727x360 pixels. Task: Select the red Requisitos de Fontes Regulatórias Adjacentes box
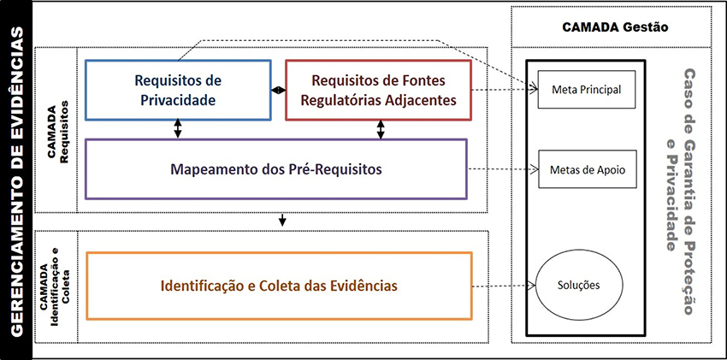[378, 90]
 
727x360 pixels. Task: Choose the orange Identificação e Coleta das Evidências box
[279, 285]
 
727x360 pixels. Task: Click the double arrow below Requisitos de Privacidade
[178, 128]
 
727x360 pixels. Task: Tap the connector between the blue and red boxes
[278, 90]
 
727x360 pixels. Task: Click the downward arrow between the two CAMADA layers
[282, 221]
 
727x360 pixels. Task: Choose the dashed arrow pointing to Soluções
[503, 286]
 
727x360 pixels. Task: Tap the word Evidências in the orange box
[360, 285]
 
